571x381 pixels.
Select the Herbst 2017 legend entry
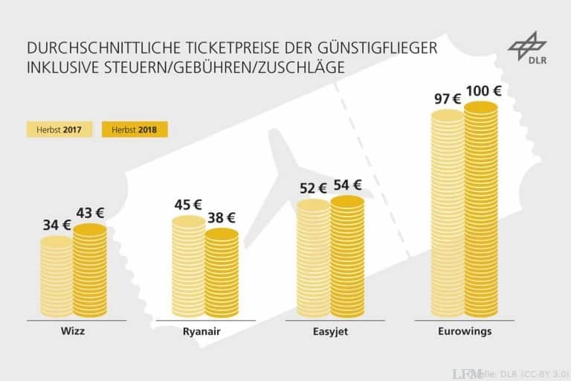point(59,129)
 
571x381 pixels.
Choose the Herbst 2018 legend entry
point(135,129)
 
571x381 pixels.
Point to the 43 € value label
point(91,213)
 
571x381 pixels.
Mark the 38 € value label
point(221,217)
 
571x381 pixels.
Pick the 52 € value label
point(313,189)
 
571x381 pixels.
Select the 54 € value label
point(347,185)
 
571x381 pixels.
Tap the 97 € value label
point(448,98)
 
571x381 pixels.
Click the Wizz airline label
point(75,331)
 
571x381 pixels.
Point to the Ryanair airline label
point(204,331)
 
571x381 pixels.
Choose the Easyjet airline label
point(331,331)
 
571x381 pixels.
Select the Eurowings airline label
point(465,331)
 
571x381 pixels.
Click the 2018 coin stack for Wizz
point(90,272)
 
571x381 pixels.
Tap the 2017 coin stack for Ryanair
point(188,268)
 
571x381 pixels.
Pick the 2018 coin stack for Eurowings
point(481,212)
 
